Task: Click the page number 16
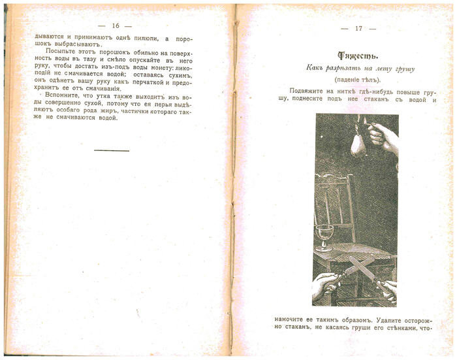[x=115, y=25]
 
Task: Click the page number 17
[x=358, y=28]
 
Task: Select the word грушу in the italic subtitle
[x=402, y=69]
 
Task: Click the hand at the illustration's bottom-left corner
[x=324, y=283]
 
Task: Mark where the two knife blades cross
[x=360, y=268]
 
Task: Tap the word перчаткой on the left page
[x=134, y=83]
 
